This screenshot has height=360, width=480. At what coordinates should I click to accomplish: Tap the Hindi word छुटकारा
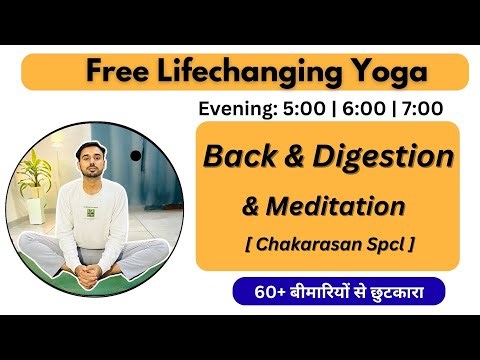click(407, 294)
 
